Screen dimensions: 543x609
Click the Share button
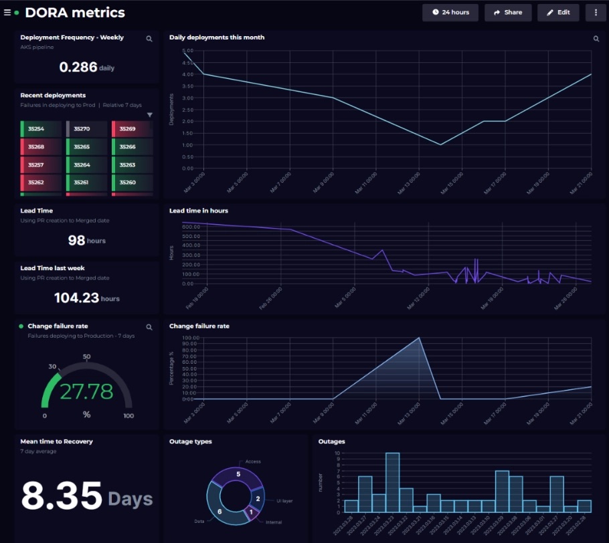click(x=508, y=12)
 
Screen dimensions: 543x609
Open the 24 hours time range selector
click(x=450, y=12)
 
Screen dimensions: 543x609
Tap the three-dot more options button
click(x=596, y=12)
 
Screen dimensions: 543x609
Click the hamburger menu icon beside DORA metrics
click(x=7, y=13)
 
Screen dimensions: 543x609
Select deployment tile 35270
click(x=87, y=128)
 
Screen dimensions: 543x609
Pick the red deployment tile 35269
click(x=132, y=128)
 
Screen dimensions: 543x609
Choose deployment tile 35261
click(x=87, y=183)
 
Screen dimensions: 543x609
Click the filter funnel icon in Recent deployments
click(x=149, y=115)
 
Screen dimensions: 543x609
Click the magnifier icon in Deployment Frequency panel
click(x=149, y=39)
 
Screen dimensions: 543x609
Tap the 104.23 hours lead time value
click(x=76, y=298)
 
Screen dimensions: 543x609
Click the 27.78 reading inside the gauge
click(x=86, y=391)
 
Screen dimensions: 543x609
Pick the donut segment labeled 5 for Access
click(x=238, y=473)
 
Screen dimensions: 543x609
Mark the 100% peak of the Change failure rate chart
click(x=420, y=338)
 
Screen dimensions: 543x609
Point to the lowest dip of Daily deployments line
click(x=440, y=144)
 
